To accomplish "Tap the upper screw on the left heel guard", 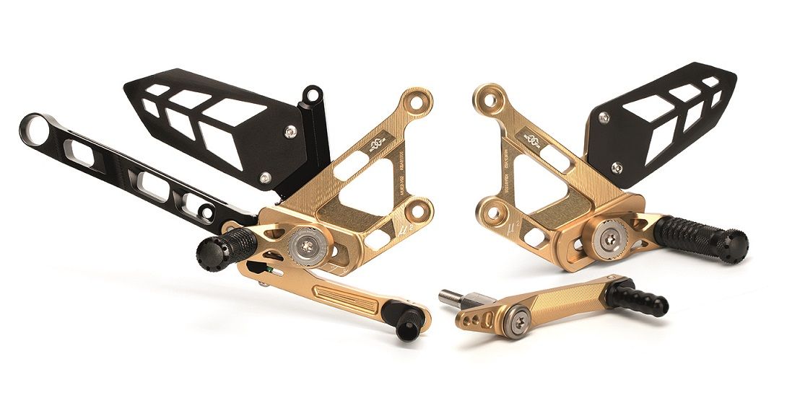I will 290,131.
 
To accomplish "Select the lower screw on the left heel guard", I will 266,177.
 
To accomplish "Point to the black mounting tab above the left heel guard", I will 312,94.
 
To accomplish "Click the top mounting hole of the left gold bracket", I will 416,101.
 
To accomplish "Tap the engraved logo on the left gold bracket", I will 374,146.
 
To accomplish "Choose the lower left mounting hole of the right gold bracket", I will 495,213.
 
